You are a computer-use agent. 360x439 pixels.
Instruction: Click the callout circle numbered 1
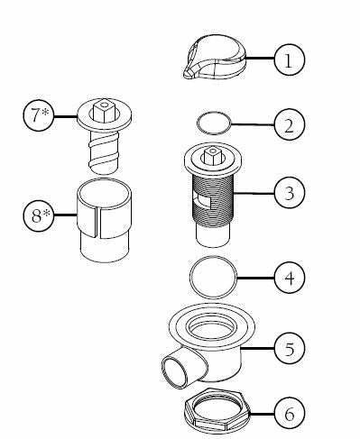[x=288, y=60]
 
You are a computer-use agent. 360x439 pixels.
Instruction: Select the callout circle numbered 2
[x=289, y=125]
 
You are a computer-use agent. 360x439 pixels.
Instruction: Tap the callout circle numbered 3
[x=289, y=192]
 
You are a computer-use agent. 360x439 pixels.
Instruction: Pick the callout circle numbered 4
[x=289, y=279]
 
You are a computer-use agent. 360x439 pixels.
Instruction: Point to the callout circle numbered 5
[x=289, y=346]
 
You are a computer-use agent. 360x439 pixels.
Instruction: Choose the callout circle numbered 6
[x=289, y=415]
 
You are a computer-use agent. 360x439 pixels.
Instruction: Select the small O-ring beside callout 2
[x=211, y=121]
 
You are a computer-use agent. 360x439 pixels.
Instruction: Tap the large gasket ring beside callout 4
[x=214, y=277]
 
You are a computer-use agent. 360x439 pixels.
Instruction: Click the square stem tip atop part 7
[x=106, y=109]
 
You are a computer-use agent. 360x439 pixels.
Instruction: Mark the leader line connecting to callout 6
[x=254, y=416]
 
